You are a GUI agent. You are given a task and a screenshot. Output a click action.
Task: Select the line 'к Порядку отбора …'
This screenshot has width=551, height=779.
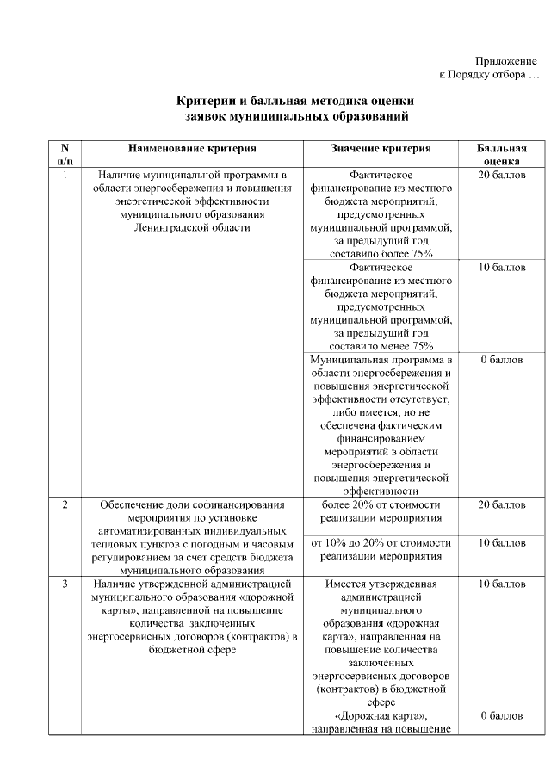coord(489,75)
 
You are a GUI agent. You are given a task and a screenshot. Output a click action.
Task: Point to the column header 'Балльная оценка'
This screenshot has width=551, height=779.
coord(502,155)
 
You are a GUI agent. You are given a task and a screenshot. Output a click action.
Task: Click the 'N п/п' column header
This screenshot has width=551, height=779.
coord(65,155)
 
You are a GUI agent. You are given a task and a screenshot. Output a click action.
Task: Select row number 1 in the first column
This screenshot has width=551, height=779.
coord(65,175)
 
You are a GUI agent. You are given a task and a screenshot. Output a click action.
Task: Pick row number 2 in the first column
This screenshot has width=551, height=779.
coord(65,504)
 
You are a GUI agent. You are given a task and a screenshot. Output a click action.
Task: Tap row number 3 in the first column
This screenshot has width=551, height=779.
coord(65,584)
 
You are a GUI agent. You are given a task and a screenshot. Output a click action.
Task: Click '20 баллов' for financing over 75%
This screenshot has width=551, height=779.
coord(502,175)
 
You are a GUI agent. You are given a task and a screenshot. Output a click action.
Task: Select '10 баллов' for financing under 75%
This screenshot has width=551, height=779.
coord(502,268)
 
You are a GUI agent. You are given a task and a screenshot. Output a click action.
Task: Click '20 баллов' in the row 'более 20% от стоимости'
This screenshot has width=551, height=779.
coord(502,504)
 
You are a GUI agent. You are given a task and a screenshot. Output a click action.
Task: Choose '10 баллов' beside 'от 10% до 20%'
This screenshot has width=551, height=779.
coord(502,543)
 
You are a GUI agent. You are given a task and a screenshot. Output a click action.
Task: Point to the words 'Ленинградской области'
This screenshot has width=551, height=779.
coord(191,227)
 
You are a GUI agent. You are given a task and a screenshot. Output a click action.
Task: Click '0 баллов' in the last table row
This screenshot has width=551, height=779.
coord(502,716)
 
